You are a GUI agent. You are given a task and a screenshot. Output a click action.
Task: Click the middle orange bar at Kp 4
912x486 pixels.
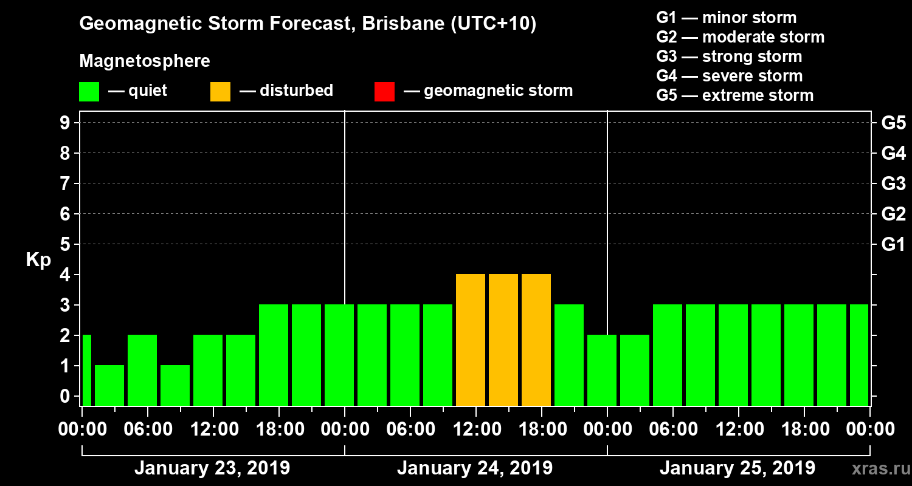point(503,340)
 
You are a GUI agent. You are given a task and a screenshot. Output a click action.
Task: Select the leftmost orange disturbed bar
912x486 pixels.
point(471,340)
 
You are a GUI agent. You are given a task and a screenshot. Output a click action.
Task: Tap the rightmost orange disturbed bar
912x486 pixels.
point(536,340)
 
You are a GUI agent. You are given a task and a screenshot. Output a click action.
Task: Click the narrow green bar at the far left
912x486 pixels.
point(86,370)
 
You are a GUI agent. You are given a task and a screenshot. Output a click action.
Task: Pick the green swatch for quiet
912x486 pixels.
point(89,92)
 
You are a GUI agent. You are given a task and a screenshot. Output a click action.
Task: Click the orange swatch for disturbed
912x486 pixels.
point(220,92)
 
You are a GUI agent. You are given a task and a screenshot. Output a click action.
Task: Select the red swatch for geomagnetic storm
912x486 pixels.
point(384,92)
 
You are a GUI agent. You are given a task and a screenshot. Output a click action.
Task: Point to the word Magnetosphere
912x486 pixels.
point(145,61)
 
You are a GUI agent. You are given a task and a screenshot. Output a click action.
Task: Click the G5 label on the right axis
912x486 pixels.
point(893,123)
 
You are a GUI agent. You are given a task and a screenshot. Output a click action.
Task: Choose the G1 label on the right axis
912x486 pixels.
point(893,245)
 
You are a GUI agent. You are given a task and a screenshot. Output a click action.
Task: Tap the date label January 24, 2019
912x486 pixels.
point(475,468)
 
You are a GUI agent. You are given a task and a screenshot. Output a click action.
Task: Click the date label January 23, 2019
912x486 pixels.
point(212,468)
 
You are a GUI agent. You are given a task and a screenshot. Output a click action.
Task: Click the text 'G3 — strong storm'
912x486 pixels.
point(729,56)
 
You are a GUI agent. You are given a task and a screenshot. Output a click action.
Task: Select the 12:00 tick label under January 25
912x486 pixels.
point(738,430)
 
